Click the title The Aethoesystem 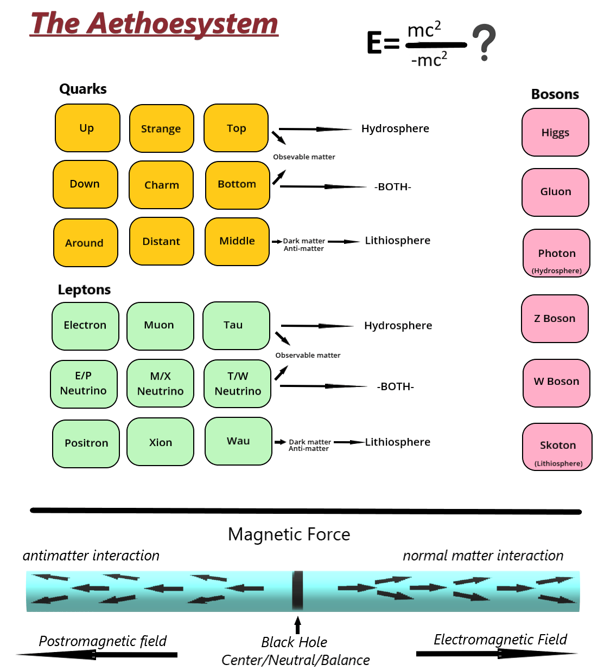154,24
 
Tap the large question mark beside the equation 484,41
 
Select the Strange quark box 161,128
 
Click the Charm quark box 161,185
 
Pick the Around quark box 85,243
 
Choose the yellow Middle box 237,241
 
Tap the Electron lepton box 85,325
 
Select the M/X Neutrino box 160,383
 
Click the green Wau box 238,441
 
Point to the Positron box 86,443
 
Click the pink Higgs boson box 555,132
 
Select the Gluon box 555,192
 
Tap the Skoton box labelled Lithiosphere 557,447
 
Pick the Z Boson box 555,319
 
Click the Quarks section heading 83,89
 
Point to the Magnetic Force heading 289,534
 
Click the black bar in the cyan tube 297,590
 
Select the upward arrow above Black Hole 297,624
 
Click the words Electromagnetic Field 500,640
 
